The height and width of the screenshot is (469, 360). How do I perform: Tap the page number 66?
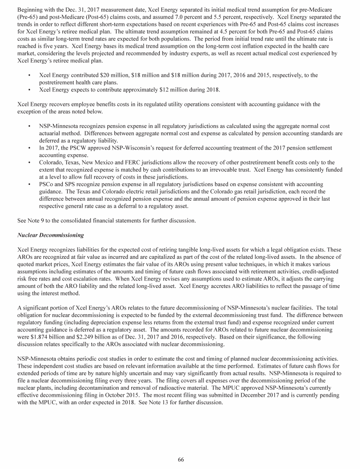pos(180,459)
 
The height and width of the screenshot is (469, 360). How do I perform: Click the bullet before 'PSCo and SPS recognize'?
pos(29,191)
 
